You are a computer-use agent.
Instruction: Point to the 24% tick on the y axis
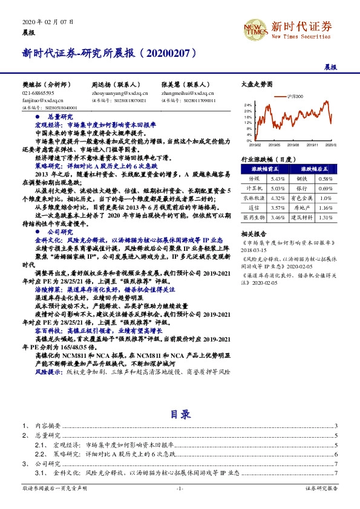click(248, 105)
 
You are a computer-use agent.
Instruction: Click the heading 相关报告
click(252, 233)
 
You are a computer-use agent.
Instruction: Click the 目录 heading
click(180, 414)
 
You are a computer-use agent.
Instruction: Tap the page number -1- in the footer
click(180, 488)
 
